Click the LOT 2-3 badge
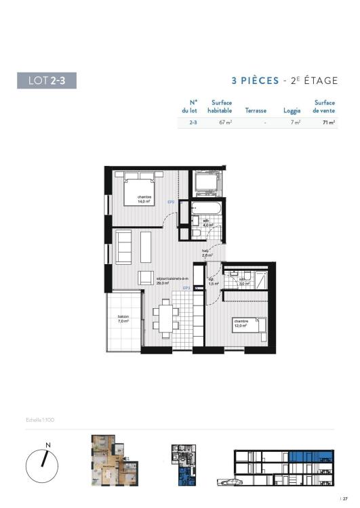point(47,81)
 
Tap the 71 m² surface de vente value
point(328,123)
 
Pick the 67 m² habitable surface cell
point(225,123)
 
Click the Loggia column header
point(292,110)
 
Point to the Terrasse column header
point(256,110)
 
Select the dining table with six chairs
point(165,317)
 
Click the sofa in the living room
point(124,247)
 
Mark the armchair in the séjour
point(146,278)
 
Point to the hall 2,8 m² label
point(207,253)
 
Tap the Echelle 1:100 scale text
point(40,421)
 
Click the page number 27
point(344,499)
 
